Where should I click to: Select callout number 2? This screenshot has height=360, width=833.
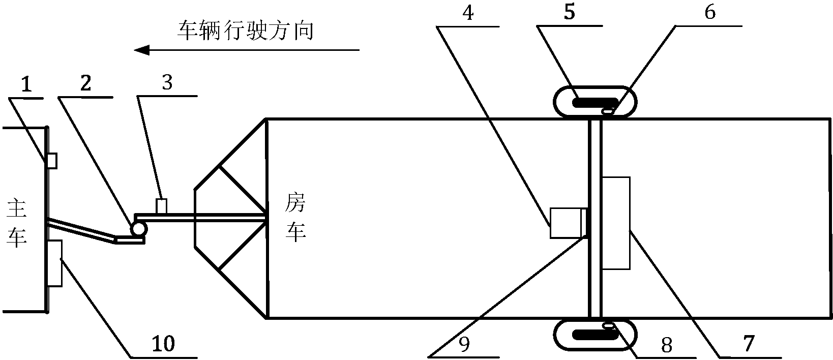(x=86, y=83)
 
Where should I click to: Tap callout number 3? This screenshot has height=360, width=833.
(x=167, y=82)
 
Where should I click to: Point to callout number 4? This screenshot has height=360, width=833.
(x=468, y=13)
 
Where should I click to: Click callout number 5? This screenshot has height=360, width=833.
(x=570, y=12)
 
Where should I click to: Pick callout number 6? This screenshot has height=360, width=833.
(x=710, y=12)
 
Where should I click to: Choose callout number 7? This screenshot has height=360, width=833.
(x=749, y=343)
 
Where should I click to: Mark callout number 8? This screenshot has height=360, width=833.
(x=667, y=345)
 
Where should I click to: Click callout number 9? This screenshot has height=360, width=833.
(x=464, y=344)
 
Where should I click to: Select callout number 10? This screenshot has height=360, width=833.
(x=163, y=344)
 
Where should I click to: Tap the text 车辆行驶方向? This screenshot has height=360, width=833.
(x=246, y=31)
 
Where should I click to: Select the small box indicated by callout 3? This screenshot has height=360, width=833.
(x=161, y=206)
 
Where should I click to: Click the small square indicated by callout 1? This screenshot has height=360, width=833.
(x=52, y=161)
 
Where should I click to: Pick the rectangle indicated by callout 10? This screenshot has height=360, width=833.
(x=54, y=263)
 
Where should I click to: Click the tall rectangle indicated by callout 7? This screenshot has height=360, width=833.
(x=616, y=223)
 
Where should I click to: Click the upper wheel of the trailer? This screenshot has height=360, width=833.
(x=595, y=102)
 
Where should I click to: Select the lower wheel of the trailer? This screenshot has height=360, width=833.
(x=595, y=334)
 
